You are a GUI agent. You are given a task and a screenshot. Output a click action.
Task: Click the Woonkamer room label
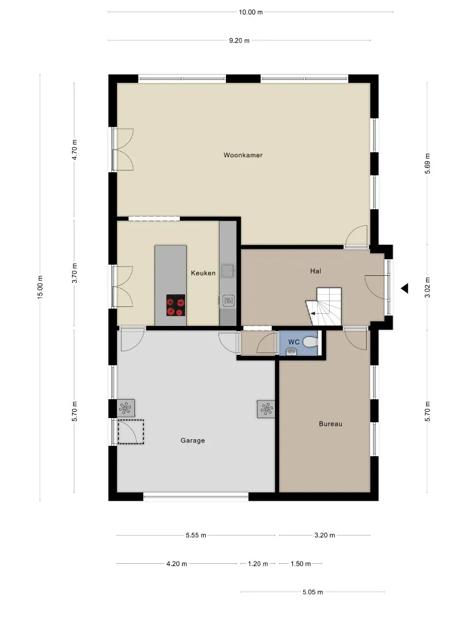point(243,155)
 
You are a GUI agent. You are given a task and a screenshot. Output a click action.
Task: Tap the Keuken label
point(204,273)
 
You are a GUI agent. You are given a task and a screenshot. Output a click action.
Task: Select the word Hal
point(316,271)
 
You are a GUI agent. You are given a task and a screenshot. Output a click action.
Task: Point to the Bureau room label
point(330,424)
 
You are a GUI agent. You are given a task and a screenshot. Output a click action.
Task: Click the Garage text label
point(193,441)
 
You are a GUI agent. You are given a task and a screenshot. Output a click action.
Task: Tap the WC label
point(294,342)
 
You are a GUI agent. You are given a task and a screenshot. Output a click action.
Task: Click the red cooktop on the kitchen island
point(176,305)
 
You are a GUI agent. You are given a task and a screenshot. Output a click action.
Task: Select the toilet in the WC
point(311,342)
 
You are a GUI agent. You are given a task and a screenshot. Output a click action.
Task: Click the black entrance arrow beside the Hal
point(404,289)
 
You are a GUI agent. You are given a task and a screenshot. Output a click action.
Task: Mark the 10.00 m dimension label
point(251,12)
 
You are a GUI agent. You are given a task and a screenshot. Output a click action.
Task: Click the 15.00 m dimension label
point(40,287)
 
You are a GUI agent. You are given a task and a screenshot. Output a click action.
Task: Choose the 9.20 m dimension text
point(239,40)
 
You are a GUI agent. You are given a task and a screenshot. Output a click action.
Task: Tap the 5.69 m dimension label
point(427,164)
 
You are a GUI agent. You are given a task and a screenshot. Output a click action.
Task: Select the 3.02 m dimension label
point(427,287)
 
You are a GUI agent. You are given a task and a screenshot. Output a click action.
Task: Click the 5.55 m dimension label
point(196,535)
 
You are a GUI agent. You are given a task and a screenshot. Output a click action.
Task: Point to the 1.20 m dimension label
point(258,564)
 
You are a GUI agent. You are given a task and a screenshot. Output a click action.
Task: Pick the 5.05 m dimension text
point(313,592)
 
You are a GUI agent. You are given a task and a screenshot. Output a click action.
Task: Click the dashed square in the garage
point(131,431)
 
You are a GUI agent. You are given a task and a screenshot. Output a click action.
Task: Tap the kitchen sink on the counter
point(228,271)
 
